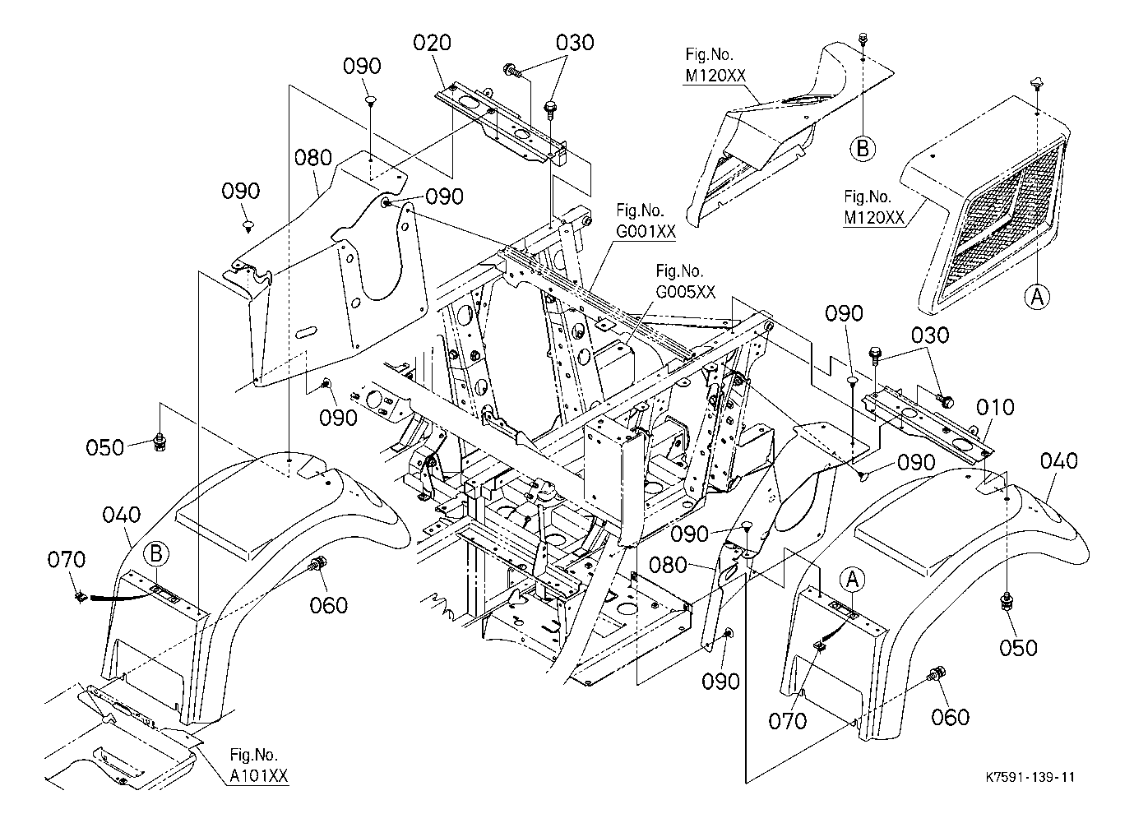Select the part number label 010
point(995,408)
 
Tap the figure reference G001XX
point(646,232)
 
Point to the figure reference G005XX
point(685,291)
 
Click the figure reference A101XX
point(253,775)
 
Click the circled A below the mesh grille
point(1037,296)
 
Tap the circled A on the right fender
point(853,579)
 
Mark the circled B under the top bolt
point(862,148)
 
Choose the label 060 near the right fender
point(951,718)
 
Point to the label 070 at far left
point(66,561)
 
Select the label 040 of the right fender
point(1058,462)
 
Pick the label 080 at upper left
point(313,158)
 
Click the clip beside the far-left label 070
point(80,597)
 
